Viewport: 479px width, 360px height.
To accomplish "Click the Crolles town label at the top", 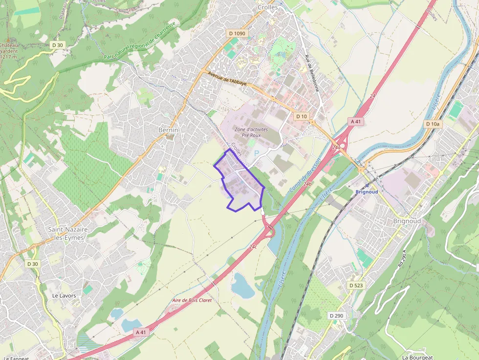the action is [x=267, y=7].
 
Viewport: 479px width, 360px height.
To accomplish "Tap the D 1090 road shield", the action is [x=238, y=34].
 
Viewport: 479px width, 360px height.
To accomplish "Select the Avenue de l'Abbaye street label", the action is [x=227, y=79].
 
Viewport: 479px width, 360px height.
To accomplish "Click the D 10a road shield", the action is [x=433, y=124].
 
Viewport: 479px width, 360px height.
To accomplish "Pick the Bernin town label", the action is [x=168, y=130].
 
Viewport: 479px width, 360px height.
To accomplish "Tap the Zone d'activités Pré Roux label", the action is [x=251, y=132].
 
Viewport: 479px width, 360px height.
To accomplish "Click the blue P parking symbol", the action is [x=256, y=153].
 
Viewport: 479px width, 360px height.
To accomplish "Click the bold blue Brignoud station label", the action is [x=367, y=192].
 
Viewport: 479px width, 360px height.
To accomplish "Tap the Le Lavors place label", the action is [x=64, y=296].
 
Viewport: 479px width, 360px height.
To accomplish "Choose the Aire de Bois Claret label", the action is [x=192, y=300].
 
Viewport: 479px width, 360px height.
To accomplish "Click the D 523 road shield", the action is [x=356, y=285].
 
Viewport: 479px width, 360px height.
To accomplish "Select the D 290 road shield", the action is [x=336, y=316].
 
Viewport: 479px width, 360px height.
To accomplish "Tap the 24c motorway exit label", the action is [x=253, y=247].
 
